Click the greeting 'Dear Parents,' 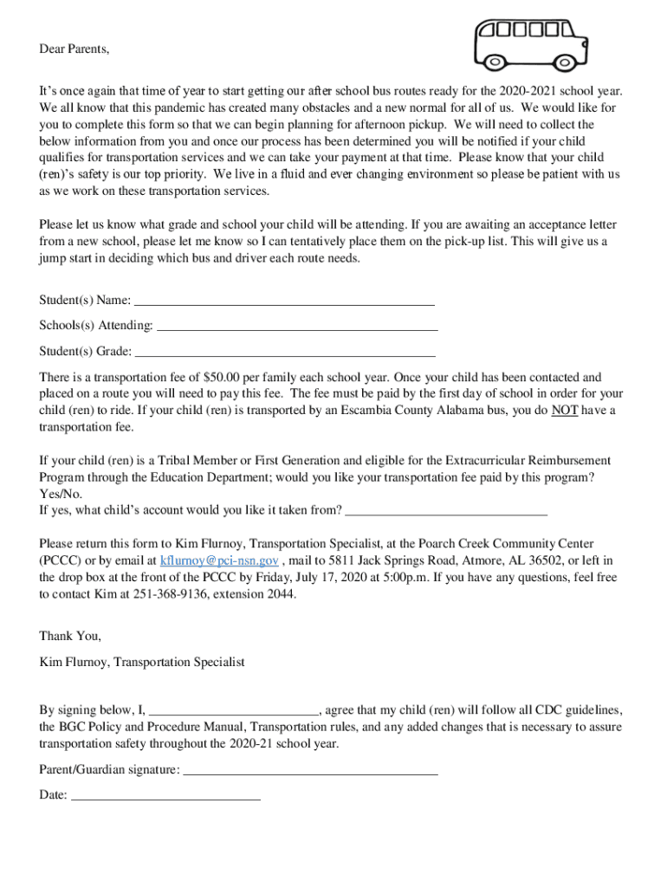[74, 49]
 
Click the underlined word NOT [566, 411]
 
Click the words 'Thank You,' [70, 636]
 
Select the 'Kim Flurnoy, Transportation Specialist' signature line [142, 662]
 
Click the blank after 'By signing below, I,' [234, 710]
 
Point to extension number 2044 [279, 594]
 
